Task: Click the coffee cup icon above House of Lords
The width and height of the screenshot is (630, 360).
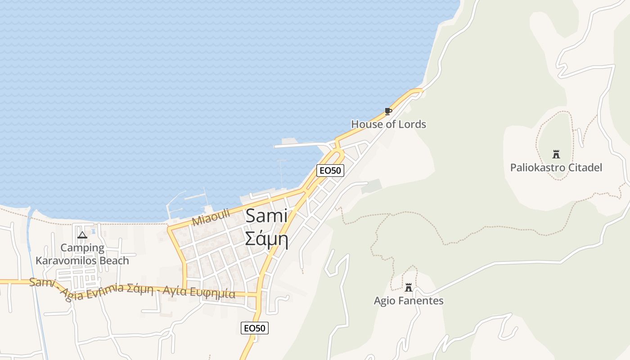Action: tap(388, 111)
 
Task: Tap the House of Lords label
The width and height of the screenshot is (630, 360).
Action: tap(388, 124)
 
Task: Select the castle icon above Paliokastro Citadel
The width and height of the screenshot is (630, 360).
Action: tap(556, 154)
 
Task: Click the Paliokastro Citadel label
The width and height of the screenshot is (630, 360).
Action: tap(556, 168)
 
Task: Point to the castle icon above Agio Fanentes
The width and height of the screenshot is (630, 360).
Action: tap(409, 287)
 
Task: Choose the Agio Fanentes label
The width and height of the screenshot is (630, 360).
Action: tap(409, 301)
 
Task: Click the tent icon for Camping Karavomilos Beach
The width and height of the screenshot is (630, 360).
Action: tap(82, 234)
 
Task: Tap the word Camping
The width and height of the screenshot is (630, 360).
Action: tap(82, 247)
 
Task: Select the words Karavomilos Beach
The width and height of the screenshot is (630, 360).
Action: tap(82, 261)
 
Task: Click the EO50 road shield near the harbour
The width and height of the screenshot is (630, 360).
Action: tap(330, 171)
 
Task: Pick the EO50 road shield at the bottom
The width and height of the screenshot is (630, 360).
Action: tap(254, 328)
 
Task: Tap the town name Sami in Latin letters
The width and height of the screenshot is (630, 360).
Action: tap(266, 216)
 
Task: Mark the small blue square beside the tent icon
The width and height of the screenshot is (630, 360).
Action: tap(93, 231)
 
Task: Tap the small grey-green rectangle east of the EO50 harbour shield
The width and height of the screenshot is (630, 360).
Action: tap(372, 186)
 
